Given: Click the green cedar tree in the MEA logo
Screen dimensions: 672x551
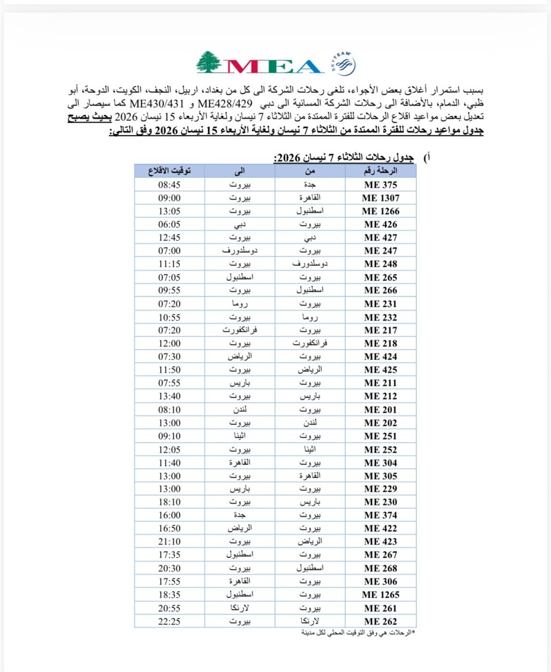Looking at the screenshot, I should point(208,62).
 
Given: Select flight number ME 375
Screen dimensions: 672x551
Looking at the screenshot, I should point(380,185).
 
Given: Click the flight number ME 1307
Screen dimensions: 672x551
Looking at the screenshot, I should point(380,198).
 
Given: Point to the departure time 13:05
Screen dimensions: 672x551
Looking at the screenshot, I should point(170,211).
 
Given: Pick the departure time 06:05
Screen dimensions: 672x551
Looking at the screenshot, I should point(170,224).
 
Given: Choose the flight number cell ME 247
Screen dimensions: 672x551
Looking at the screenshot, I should point(380,251).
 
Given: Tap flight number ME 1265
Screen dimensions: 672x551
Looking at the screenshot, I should point(380,595).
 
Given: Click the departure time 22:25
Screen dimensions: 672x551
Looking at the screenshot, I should point(170,621).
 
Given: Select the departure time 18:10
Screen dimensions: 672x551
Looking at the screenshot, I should point(170,502).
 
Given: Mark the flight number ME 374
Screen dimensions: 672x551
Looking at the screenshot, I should point(380,515).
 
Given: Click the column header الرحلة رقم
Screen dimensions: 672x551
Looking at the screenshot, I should point(380,171).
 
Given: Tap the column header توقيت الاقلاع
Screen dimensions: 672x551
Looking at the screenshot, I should point(170,171).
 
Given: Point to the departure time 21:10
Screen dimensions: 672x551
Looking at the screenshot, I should point(170,541).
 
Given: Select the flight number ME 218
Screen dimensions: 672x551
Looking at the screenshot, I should point(380,343).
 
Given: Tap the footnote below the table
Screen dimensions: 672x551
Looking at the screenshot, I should point(357,633).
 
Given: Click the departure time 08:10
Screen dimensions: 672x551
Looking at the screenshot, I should point(170,409).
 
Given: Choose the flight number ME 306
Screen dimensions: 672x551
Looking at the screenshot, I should point(380,581).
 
